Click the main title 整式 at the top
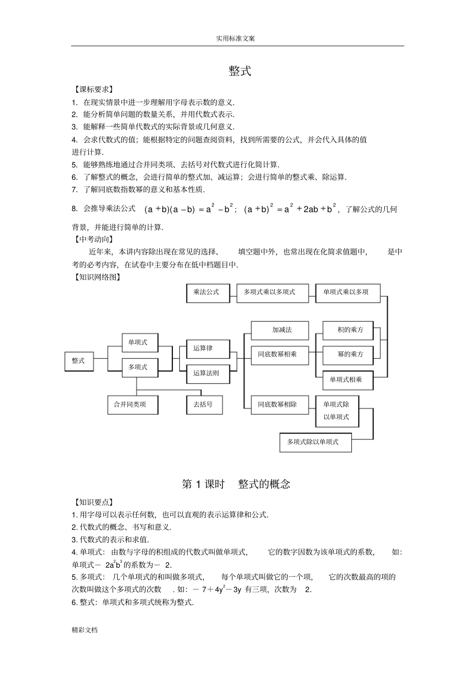(240, 71)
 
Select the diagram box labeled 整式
(79, 361)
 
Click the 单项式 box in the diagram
(138, 342)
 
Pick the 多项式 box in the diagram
(138, 367)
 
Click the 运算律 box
(203, 348)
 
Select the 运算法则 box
(206, 373)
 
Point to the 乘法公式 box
(206, 292)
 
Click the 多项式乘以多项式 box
(269, 292)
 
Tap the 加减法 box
(282, 330)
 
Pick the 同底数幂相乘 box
(278, 354)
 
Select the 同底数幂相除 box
(278, 404)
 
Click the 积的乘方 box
(350, 330)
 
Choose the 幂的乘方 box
(350, 354)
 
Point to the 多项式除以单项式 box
(313, 442)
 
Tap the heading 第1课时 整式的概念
(236, 484)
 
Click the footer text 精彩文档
(85, 630)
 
